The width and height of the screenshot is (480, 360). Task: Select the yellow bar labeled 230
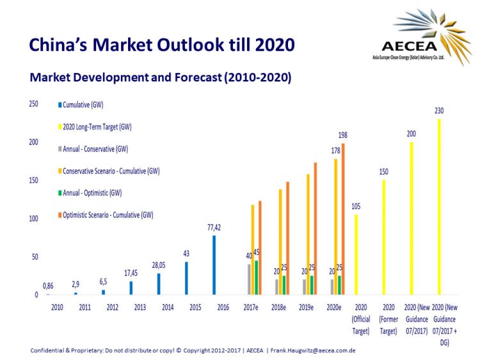click(x=439, y=207)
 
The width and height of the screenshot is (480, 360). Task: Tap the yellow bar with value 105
click(x=356, y=254)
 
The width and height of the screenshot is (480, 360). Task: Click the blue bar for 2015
click(x=186, y=278)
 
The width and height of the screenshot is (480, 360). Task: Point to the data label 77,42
click(x=214, y=227)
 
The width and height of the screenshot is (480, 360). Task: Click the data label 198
click(x=343, y=135)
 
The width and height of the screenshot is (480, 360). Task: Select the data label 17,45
click(x=131, y=272)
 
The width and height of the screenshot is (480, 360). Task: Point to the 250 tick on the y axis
click(x=34, y=104)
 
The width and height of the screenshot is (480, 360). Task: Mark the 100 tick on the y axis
click(x=34, y=219)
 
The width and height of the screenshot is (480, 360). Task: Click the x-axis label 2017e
click(x=251, y=308)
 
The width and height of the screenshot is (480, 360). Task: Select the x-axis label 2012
click(x=113, y=308)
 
